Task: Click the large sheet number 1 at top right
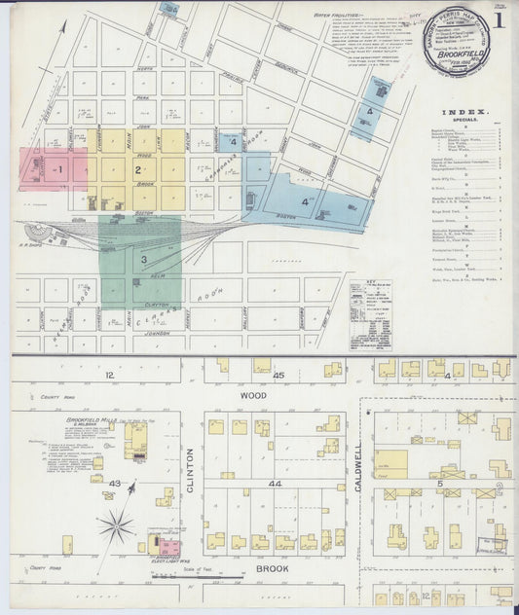point(499,19)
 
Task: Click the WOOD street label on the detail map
point(252,396)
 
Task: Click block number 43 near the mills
point(114,485)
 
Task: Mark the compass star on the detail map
point(116,528)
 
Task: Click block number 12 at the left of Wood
point(110,375)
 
